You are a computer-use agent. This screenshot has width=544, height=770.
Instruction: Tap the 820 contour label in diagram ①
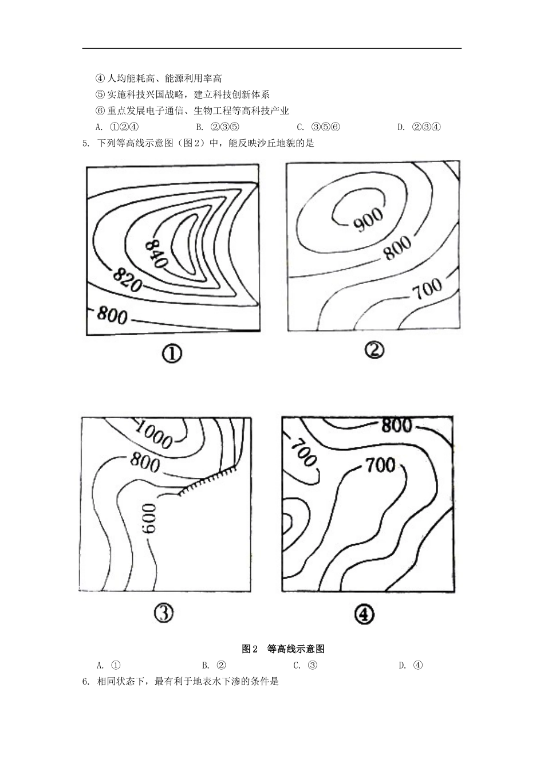coord(127,280)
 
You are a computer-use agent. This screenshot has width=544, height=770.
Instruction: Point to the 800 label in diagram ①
coord(112,315)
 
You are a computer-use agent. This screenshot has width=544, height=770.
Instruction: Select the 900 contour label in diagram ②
coord(368,219)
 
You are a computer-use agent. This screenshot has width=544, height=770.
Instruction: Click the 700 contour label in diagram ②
coord(427,289)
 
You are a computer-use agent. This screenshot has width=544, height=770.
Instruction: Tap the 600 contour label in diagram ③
coord(149,518)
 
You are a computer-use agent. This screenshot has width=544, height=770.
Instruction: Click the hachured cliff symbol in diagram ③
coord(207,481)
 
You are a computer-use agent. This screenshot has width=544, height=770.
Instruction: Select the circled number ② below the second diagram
coord(375,351)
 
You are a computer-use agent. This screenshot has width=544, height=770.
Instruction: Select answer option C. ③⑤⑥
coord(318,127)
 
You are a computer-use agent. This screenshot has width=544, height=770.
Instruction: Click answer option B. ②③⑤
coord(218,127)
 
